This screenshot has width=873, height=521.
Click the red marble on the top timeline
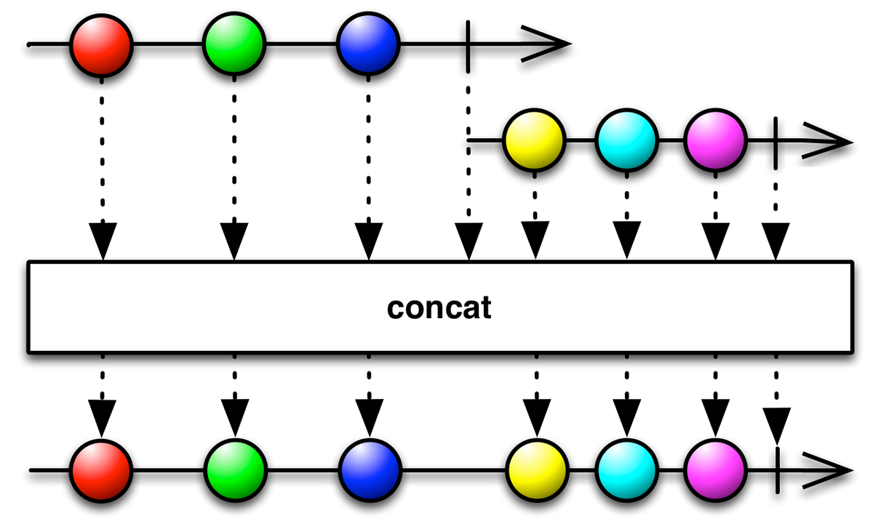101,44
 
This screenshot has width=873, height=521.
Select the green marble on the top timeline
234,44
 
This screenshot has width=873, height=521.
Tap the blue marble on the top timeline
368,44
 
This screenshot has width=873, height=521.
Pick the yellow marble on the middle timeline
534,140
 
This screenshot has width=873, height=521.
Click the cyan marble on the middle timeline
626,140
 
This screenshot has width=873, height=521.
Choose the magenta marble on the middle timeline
715,140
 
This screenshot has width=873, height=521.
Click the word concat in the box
439,308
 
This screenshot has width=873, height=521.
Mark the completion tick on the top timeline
466,44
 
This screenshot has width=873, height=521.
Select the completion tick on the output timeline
777,469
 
